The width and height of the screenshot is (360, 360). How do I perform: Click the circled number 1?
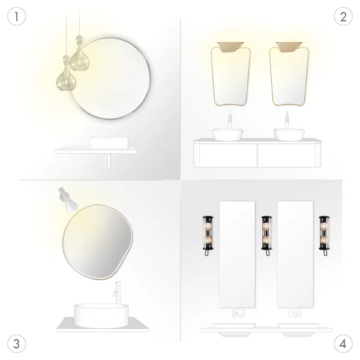(17, 16)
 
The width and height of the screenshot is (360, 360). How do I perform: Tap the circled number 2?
(343, 16)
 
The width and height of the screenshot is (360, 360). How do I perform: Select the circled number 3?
(17, 344)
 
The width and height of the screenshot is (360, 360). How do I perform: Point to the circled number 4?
(343, 344)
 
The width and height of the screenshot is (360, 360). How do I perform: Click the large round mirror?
(110, 79)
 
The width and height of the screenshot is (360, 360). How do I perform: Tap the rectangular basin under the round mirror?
(109, 143)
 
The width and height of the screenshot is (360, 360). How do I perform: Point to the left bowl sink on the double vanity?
(227, 134)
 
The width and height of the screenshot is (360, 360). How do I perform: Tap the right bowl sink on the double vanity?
(289, 134)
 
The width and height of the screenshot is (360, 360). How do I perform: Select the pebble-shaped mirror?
(98, 242)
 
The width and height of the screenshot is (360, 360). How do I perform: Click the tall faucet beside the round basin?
(118, 292)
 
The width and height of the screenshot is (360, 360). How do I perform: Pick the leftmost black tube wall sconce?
(208, 235)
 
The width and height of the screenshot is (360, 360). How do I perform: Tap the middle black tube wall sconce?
(266, 235)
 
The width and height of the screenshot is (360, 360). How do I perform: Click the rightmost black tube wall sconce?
(324, 235)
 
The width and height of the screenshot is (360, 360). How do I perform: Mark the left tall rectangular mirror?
(237, 254)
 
